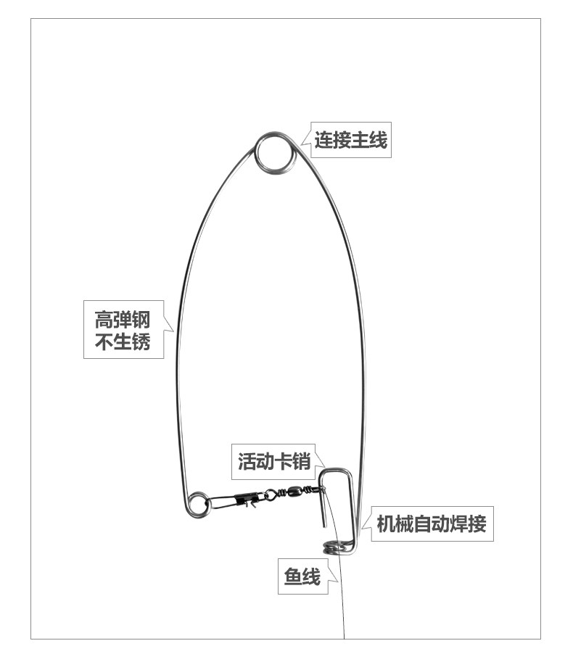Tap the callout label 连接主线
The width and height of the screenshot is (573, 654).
tap(351, 140)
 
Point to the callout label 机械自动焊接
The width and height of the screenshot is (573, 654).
tap(431, 523)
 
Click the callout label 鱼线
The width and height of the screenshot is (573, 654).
tap(302, 577)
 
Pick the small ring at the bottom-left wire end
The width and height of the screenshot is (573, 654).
tap(197, 504)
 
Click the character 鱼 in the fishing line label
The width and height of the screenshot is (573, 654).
tap(292, 577)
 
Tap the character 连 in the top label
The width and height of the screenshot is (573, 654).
tap(323, 140)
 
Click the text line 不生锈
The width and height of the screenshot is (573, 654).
tap(122, 342)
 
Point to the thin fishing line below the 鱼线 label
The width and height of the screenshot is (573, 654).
tap(342, 609)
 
